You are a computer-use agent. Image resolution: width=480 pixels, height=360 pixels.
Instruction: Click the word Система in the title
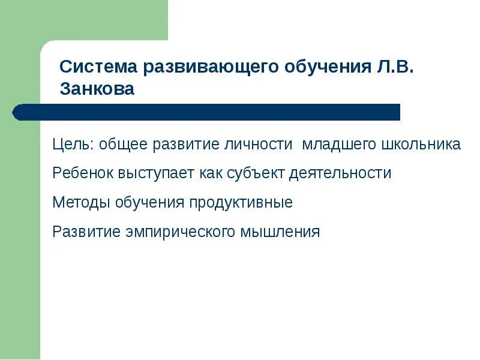pos(98,67)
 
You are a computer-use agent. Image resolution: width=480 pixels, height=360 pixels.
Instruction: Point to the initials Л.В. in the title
pos(396,67)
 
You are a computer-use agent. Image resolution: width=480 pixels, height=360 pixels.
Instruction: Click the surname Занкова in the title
pos(97,89)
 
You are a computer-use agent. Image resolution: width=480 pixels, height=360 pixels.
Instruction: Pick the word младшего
pos(338,145)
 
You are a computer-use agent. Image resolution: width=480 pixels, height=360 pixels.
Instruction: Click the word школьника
pos(421,145)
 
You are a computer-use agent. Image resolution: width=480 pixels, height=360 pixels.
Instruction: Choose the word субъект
pos(256,173)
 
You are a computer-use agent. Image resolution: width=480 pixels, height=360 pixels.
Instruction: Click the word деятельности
pos(340,173)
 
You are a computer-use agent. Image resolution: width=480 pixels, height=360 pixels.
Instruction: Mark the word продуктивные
pos(241,203)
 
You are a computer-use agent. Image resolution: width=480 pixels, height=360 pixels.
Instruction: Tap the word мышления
pos(280,232)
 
